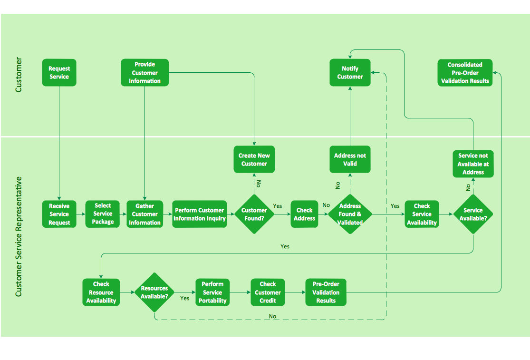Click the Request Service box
pos(59,72)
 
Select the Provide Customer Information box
pos(145,72)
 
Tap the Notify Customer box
pos(350,72)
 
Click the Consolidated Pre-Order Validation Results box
pos(465,72)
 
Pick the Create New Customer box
pos(254,159)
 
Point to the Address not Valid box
pos(350,159)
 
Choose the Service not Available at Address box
pos(472,164)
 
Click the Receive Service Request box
pos(59,214)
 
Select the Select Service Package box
pos(103,214)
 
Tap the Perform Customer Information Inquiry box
pos(199,214)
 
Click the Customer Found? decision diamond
pos(254,214)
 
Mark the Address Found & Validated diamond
pos(350,214)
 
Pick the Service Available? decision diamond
pos(472,214)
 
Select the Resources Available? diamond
pos(154,292)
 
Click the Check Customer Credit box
pos(268,292)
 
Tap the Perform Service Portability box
pos(212,292)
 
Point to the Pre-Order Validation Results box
pos(326,292)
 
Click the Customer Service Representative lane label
pos(19,236)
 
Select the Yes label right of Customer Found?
pos(278,206)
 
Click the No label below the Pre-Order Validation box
pos(272,316)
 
